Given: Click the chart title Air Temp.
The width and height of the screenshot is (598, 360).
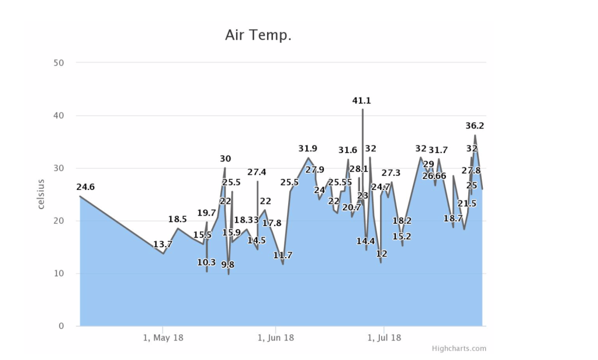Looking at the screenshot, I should click(258, 35).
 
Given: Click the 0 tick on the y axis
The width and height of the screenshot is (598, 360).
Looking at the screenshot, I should click(60, 326).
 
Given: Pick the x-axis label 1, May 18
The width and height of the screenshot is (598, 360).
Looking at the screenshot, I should click(163, 338).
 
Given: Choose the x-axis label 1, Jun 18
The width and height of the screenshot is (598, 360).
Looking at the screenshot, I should click(275, 338).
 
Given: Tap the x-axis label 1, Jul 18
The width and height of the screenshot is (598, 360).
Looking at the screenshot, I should click(383, 338).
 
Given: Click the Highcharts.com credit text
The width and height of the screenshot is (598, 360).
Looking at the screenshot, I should click(459, 349).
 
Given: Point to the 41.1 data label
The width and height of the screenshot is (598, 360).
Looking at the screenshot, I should click(361, 101).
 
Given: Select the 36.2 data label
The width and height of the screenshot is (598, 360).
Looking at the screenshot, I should click(475, 126).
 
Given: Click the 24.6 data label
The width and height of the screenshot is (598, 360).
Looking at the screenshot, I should click(85, 187).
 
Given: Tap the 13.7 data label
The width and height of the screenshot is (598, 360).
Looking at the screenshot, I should click(163, 244).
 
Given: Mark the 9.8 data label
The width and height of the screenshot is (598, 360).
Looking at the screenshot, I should click(228, 265).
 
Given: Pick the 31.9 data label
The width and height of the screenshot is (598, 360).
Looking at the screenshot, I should click(307, 148).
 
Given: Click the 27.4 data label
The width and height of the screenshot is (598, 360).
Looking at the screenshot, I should click(257, 172).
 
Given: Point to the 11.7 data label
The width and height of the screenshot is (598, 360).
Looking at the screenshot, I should click(283, 255).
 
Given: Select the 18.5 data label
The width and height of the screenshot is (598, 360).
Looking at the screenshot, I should click(178, 219).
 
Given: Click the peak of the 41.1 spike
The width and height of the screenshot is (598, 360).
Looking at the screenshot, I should click(362, 109).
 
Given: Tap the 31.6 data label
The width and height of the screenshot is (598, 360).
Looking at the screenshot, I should click(348, 150).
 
